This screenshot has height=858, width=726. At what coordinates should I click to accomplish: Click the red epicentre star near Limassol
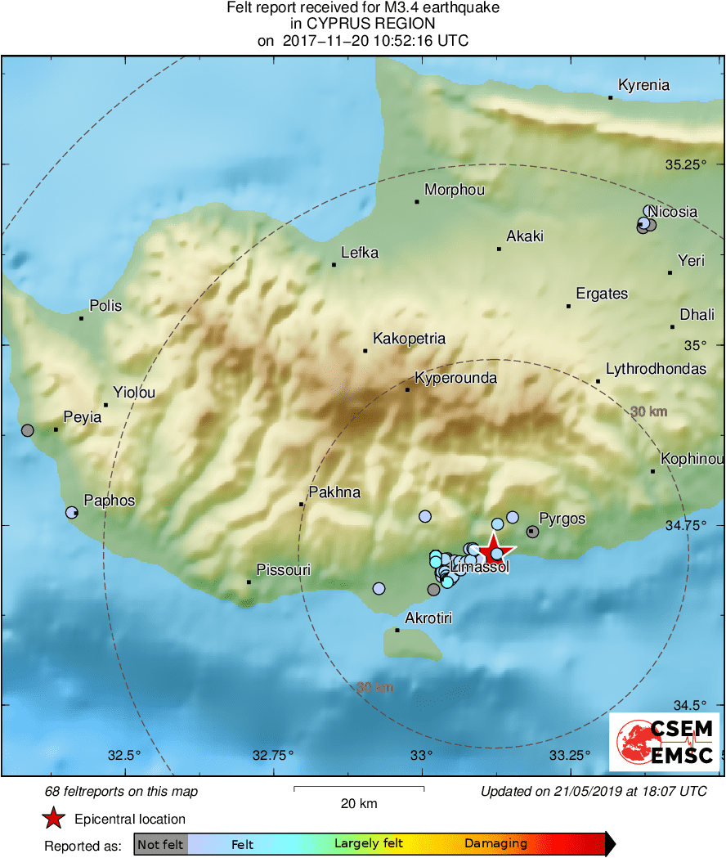[x=493, y=549]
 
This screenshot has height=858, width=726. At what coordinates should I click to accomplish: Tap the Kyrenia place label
[x=643, y=85]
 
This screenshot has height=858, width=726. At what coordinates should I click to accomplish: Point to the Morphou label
[x=455, y=190]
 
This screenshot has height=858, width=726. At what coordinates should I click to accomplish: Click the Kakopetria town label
[x=409, y=338]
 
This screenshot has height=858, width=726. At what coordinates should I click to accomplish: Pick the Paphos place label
[x=110, y=501]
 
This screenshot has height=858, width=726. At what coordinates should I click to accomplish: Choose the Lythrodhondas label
[x=656, y=369]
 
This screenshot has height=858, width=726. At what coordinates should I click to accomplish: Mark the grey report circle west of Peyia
[x=28, y=430]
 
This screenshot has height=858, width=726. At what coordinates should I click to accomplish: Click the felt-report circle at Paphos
[x=72, y=513]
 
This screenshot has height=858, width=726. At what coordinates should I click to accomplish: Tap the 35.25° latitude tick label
[x=685, y=164]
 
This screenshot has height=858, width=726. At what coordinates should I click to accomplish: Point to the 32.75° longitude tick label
[x=272, y=754]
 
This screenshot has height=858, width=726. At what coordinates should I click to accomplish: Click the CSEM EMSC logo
[x=665, y=742]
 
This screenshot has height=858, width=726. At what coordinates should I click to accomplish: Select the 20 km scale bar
[x=359, y=789]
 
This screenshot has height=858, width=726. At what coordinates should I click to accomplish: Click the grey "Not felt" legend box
[x=160, y=843]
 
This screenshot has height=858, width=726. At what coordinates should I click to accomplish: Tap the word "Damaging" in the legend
[x=495, y=843]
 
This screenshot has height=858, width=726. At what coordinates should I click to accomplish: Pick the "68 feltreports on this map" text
[x=121, y=792]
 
